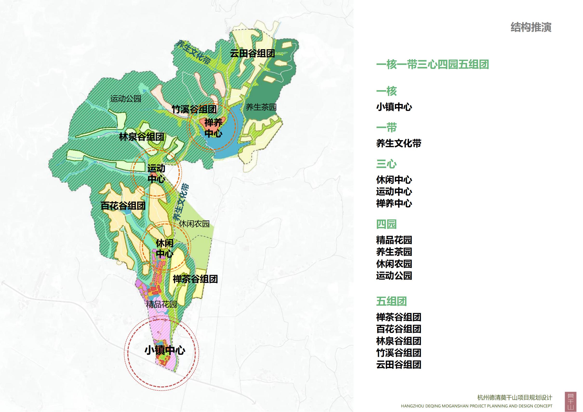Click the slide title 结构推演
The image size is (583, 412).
tap(531, 27)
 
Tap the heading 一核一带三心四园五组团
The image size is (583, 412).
tap(432, 65)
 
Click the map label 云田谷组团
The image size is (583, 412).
tap(252, 53)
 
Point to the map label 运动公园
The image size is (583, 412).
tap(126, 99)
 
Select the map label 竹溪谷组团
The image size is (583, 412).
tap(194, 109)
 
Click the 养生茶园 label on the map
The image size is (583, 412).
tap(261, 107)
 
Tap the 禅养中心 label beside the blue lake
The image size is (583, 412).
tap(213, 128)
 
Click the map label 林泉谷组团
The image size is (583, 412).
tap(142, 137)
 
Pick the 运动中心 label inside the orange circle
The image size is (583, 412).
tap(156, 174)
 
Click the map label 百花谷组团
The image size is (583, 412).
tap(123, 206)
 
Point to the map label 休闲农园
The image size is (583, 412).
tap(194, 224)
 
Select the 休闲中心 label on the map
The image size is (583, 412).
tap(165, 248)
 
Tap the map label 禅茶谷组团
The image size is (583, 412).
tap(195, 279)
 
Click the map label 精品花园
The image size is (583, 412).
tap(161, 304)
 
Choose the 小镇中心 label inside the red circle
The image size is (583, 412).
tap(165, 351)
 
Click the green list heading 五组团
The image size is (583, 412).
tap(391, 302)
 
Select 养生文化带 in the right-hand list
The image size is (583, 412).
tap(399, 143)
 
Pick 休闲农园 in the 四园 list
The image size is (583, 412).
tap(394, 264)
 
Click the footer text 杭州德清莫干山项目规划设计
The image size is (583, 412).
tap(515, 398)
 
